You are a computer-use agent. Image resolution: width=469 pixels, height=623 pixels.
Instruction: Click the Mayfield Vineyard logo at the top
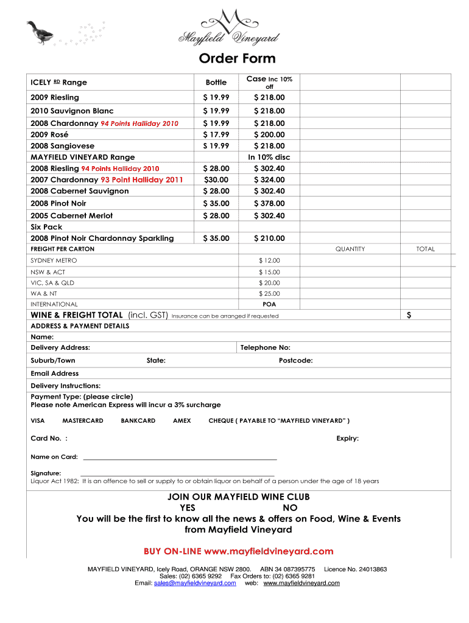click(x=228, y=29)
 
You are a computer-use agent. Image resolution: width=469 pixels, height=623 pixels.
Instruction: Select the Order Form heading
click(x=238, y=58)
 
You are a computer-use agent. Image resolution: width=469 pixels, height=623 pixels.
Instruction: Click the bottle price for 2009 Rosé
click(x=216, y=134)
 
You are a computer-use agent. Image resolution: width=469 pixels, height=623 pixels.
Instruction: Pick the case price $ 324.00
click(x=269, y=179)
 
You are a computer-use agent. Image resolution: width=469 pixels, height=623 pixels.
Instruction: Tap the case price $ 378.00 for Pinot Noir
click(x=269, y=203)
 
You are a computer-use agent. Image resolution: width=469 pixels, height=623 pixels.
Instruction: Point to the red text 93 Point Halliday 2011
click(x=142, y=179)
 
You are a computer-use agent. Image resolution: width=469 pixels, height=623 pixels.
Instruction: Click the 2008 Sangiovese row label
click(x=62, y=146)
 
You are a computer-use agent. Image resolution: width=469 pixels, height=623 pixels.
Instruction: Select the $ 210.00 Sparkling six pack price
click(x=269, y=238)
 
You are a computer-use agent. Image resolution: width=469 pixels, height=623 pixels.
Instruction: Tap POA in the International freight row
click(x=269, y=304)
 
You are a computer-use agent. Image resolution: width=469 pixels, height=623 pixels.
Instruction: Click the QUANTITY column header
click(x=350, y=249)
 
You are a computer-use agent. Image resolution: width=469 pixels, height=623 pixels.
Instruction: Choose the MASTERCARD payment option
click(x=83, y=421)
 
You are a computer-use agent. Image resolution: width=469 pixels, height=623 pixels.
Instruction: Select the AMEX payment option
click(x=182, y=421)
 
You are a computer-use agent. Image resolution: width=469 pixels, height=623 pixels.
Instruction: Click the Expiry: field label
click(x=347, y=439)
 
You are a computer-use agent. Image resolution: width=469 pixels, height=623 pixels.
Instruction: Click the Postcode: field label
click(x=295, y=361)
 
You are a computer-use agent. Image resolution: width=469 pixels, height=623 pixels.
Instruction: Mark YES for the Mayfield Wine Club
click(x=188, y=508)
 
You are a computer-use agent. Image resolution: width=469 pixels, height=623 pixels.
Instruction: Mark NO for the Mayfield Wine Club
click(x=290, y=508)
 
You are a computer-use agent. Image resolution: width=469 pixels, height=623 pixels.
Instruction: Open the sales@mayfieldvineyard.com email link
click(x=195, y=583)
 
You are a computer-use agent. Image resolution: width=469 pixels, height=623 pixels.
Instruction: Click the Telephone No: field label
click(x=265, y=348)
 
